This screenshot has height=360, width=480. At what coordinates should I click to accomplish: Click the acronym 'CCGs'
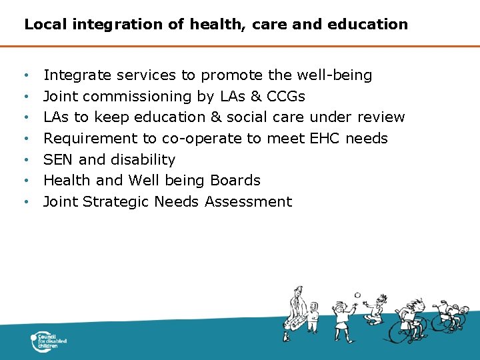(285, 97)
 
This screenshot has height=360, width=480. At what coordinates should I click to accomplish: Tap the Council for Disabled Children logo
(49, 341)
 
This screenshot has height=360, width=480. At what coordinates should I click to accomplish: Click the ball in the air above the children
(358, 295)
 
